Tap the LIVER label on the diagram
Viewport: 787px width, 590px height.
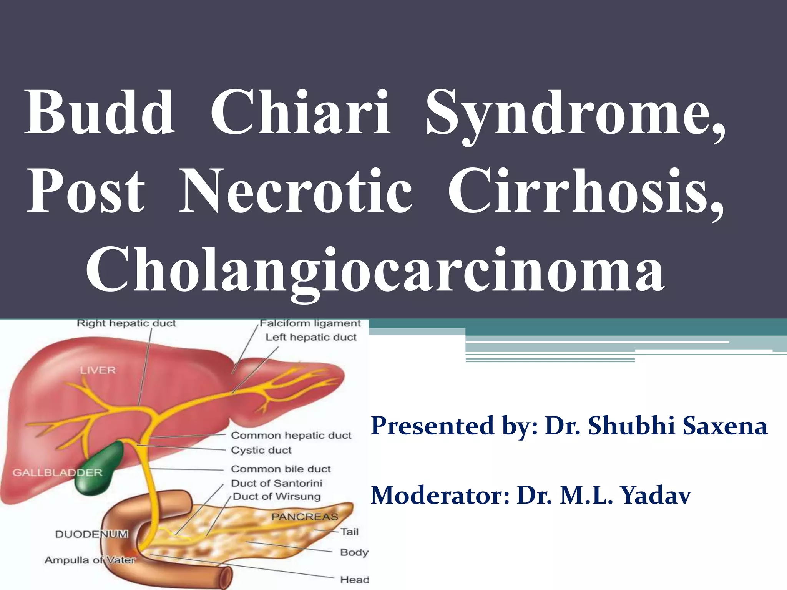98,370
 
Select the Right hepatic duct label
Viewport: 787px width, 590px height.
126,323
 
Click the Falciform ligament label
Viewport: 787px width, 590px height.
310,323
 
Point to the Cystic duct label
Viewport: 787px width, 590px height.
261,450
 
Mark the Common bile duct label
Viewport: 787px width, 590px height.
281,469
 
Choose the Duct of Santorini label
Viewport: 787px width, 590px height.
276,483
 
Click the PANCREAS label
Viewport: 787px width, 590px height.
304,517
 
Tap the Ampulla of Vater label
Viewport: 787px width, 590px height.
90,560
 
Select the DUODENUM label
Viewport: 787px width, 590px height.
91,534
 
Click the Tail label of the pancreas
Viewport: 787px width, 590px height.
349,532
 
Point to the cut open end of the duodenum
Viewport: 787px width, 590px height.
226,577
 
